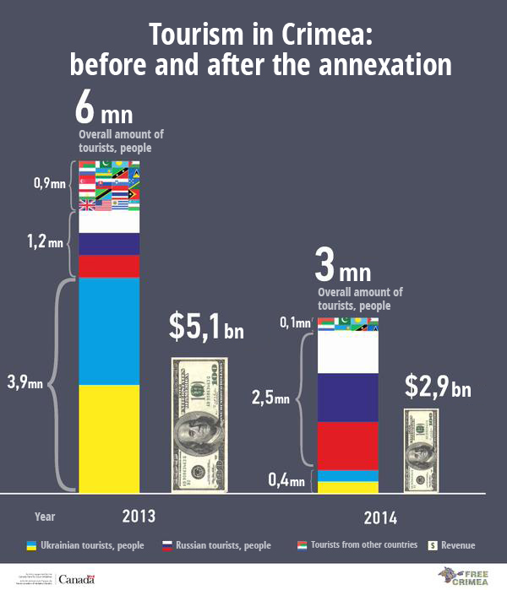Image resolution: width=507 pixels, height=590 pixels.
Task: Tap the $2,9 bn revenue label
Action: [437, 390]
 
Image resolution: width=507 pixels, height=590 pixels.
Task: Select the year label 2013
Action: [139, 515]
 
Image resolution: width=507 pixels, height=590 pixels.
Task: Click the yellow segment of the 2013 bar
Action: [109, 437]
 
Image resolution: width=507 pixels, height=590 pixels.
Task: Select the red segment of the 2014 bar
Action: [347, 445]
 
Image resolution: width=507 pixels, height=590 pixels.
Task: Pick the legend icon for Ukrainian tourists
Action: [31, 545]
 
